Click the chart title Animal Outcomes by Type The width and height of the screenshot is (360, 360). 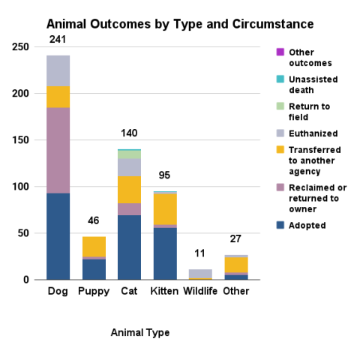coord(180,25)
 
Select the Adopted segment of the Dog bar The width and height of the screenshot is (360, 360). coord(58,236)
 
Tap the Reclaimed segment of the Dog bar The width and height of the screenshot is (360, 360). coord(58,150)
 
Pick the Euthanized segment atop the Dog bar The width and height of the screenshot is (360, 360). coord(58,70)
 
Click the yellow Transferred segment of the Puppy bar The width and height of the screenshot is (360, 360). coord(94,246)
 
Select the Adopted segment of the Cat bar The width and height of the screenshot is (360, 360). coord(130,247)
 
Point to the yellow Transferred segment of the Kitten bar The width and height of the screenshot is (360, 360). coord(165,208)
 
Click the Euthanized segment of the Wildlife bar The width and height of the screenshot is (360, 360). coord(200,274)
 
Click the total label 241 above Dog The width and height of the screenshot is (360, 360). coord(58,40)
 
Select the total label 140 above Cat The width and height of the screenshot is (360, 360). coord(130,133)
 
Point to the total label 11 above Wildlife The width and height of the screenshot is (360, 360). coord(200,253)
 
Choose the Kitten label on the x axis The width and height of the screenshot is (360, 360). coord(165,291)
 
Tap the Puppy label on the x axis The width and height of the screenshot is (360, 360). coord(94,291)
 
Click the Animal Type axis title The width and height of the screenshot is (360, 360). coord(139,332)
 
